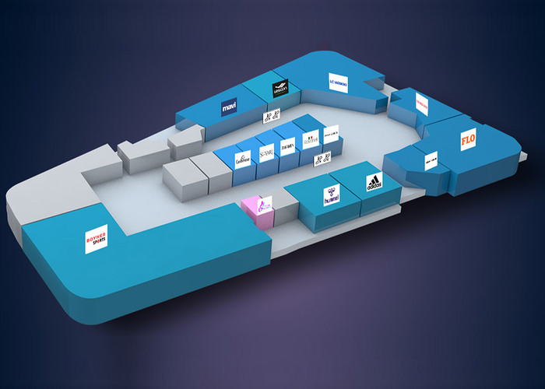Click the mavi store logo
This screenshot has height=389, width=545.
(x=229, y=107)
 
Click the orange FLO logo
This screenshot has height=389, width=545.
(x=468, y=141)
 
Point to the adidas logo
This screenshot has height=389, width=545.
(x=374, y=184)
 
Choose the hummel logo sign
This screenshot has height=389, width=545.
(x=332, y=196)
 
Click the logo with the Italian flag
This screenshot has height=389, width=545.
(x=311, y=140)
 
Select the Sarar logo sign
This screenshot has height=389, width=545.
(x=265, y=149)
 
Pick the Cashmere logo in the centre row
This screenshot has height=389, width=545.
(x=242, y=158)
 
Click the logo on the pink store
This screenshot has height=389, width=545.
(x=265, y=205)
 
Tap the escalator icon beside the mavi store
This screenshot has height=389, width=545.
(x=270, y=117)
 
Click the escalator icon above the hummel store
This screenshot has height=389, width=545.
(x=322, y=159)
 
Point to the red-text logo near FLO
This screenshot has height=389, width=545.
(x=422, y=103)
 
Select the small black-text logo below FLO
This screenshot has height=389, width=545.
(x=431, y=162)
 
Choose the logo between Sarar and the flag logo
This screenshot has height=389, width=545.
(x=288, y=145)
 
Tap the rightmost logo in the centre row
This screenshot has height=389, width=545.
(x=331, y=132)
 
